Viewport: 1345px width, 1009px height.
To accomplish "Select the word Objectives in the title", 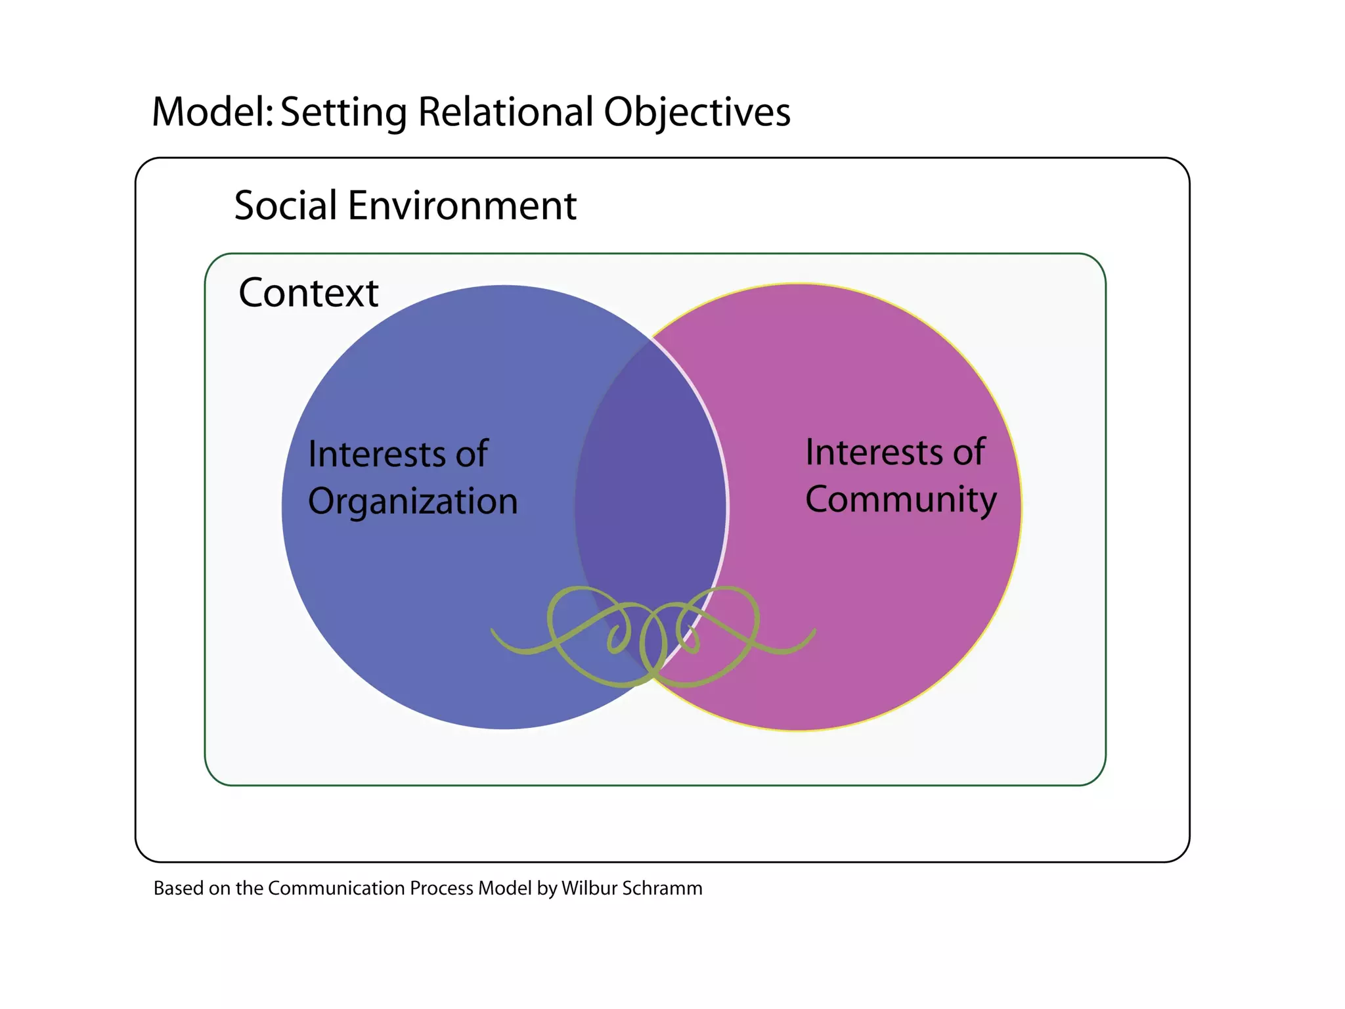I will coord(697,113).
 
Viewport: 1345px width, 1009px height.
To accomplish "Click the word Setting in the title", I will coord(344,113).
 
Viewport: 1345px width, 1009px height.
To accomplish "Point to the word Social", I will coord(286,206).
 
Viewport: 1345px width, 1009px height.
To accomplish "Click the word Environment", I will coord(462,206).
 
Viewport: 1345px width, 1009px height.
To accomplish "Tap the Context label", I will coord(309,293).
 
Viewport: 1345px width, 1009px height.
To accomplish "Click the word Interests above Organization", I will coord(378,454).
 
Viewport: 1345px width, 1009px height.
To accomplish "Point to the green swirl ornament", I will coord(653,634).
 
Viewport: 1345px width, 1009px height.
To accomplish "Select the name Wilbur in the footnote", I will coord(588,889).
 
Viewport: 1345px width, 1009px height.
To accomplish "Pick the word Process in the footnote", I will coord(441,889).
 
